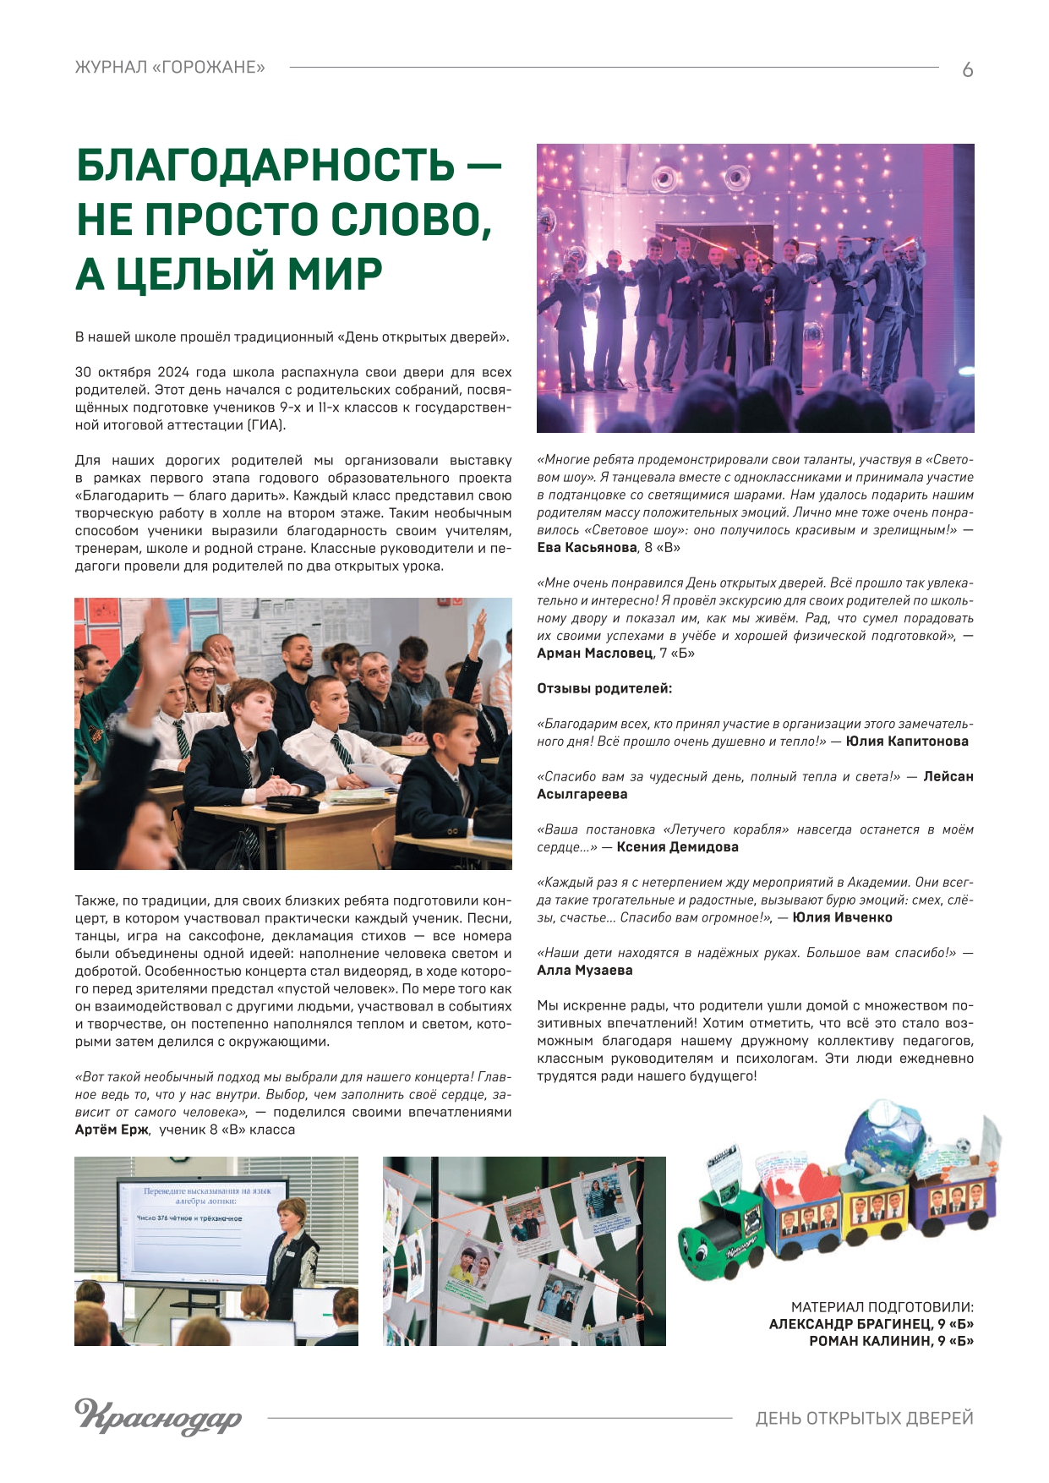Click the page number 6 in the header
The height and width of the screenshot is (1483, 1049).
[967, 70]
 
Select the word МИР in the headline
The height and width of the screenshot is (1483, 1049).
[335, 274]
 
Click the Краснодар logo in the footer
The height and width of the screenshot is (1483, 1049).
[158, 1416]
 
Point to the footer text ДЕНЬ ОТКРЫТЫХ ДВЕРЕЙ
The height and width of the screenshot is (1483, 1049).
[864, 1418]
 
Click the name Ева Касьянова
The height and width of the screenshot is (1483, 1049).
[587, 548]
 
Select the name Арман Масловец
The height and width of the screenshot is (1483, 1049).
[594, 654]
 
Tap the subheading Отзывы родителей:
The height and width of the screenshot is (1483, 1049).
[604, 689]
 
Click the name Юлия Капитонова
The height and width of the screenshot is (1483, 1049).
[907, 741]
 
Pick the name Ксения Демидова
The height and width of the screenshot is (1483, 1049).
[677, 847]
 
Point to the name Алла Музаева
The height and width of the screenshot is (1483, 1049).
[584, 971]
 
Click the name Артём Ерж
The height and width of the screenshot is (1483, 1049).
[112, 1130]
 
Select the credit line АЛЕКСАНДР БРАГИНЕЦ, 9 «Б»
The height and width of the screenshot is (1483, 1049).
[871, 1324]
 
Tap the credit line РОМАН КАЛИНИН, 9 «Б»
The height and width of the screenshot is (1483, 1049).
[891, 1341]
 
